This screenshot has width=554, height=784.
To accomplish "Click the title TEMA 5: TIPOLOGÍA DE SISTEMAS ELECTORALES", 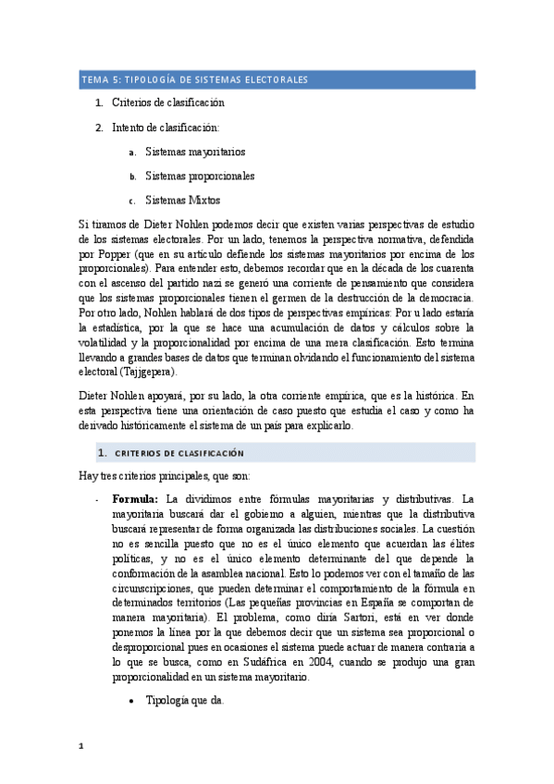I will pos(194,80).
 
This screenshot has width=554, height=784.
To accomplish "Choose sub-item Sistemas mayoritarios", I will pos(194,152).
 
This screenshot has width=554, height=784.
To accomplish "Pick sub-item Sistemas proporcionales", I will pos(200,176).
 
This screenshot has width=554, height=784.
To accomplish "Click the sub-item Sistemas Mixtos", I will pos(183,200).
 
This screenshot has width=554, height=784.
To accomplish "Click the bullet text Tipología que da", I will pos(184,700).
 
